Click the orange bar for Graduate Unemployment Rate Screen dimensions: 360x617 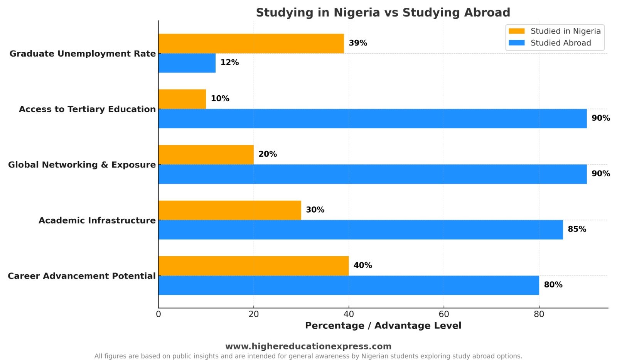[x=251, y=44]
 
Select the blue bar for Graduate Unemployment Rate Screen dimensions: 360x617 [x=187, y=63]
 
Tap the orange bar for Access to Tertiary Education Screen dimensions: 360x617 [x=182, y=99]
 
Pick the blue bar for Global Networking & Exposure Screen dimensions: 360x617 [x=372, y=174]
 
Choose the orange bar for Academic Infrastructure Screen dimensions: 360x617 [x=229, y=210]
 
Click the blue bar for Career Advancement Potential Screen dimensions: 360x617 [x=348, y=285]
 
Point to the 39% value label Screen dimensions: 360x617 [x=358, y=43]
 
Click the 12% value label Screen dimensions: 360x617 [x=229, y=63]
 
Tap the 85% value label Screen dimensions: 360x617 [x=577, y=229]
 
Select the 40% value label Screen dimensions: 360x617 [x=362, y=265]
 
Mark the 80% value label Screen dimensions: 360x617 [x=553, y=285]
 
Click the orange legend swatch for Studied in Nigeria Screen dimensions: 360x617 [x=516, y=31]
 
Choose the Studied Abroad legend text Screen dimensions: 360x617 [x=561, y=43]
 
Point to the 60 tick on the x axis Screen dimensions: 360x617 [x=444, y=314]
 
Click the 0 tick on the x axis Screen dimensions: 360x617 [x=158, y=314]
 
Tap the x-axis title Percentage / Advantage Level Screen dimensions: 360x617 [x=383, y=326]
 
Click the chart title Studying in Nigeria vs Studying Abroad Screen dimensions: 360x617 [x=383, y=13]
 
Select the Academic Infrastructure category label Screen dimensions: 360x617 [x=97, y=220]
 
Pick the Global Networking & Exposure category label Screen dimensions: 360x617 [x=82, y=165]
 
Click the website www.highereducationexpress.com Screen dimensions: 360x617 [x=308, y=346]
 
